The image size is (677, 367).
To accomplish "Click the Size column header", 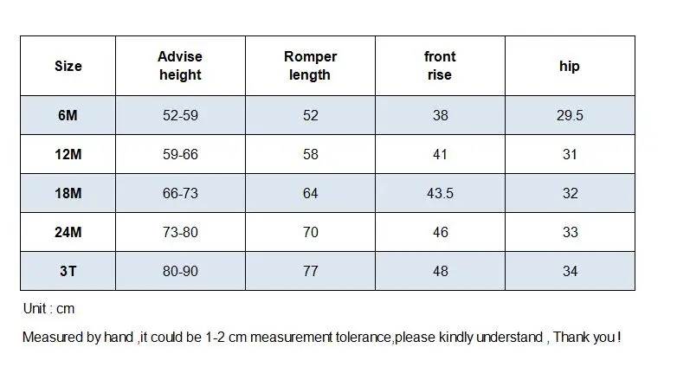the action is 68,66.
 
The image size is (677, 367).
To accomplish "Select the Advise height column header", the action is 180,66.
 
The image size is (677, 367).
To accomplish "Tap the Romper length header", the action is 310,66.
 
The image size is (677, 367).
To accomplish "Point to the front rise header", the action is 440,66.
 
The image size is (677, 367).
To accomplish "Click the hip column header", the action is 570,66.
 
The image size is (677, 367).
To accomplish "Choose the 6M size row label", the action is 68,115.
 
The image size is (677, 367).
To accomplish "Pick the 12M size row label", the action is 68,154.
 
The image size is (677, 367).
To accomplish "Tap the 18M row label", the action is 68,193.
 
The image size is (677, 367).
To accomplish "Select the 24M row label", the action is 68,232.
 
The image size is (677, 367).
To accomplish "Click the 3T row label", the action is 68,271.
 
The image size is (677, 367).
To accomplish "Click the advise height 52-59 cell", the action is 180,115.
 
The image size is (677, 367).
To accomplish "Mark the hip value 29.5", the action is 570,115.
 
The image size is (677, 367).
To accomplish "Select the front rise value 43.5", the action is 440,193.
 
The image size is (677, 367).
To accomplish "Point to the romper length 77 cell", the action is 311,271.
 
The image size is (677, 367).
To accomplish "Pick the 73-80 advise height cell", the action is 180,232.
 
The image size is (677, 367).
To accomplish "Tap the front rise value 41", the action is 440,154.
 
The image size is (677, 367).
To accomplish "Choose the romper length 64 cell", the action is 311,193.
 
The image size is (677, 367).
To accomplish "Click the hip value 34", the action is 570,271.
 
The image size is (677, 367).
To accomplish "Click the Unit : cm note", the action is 48,309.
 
